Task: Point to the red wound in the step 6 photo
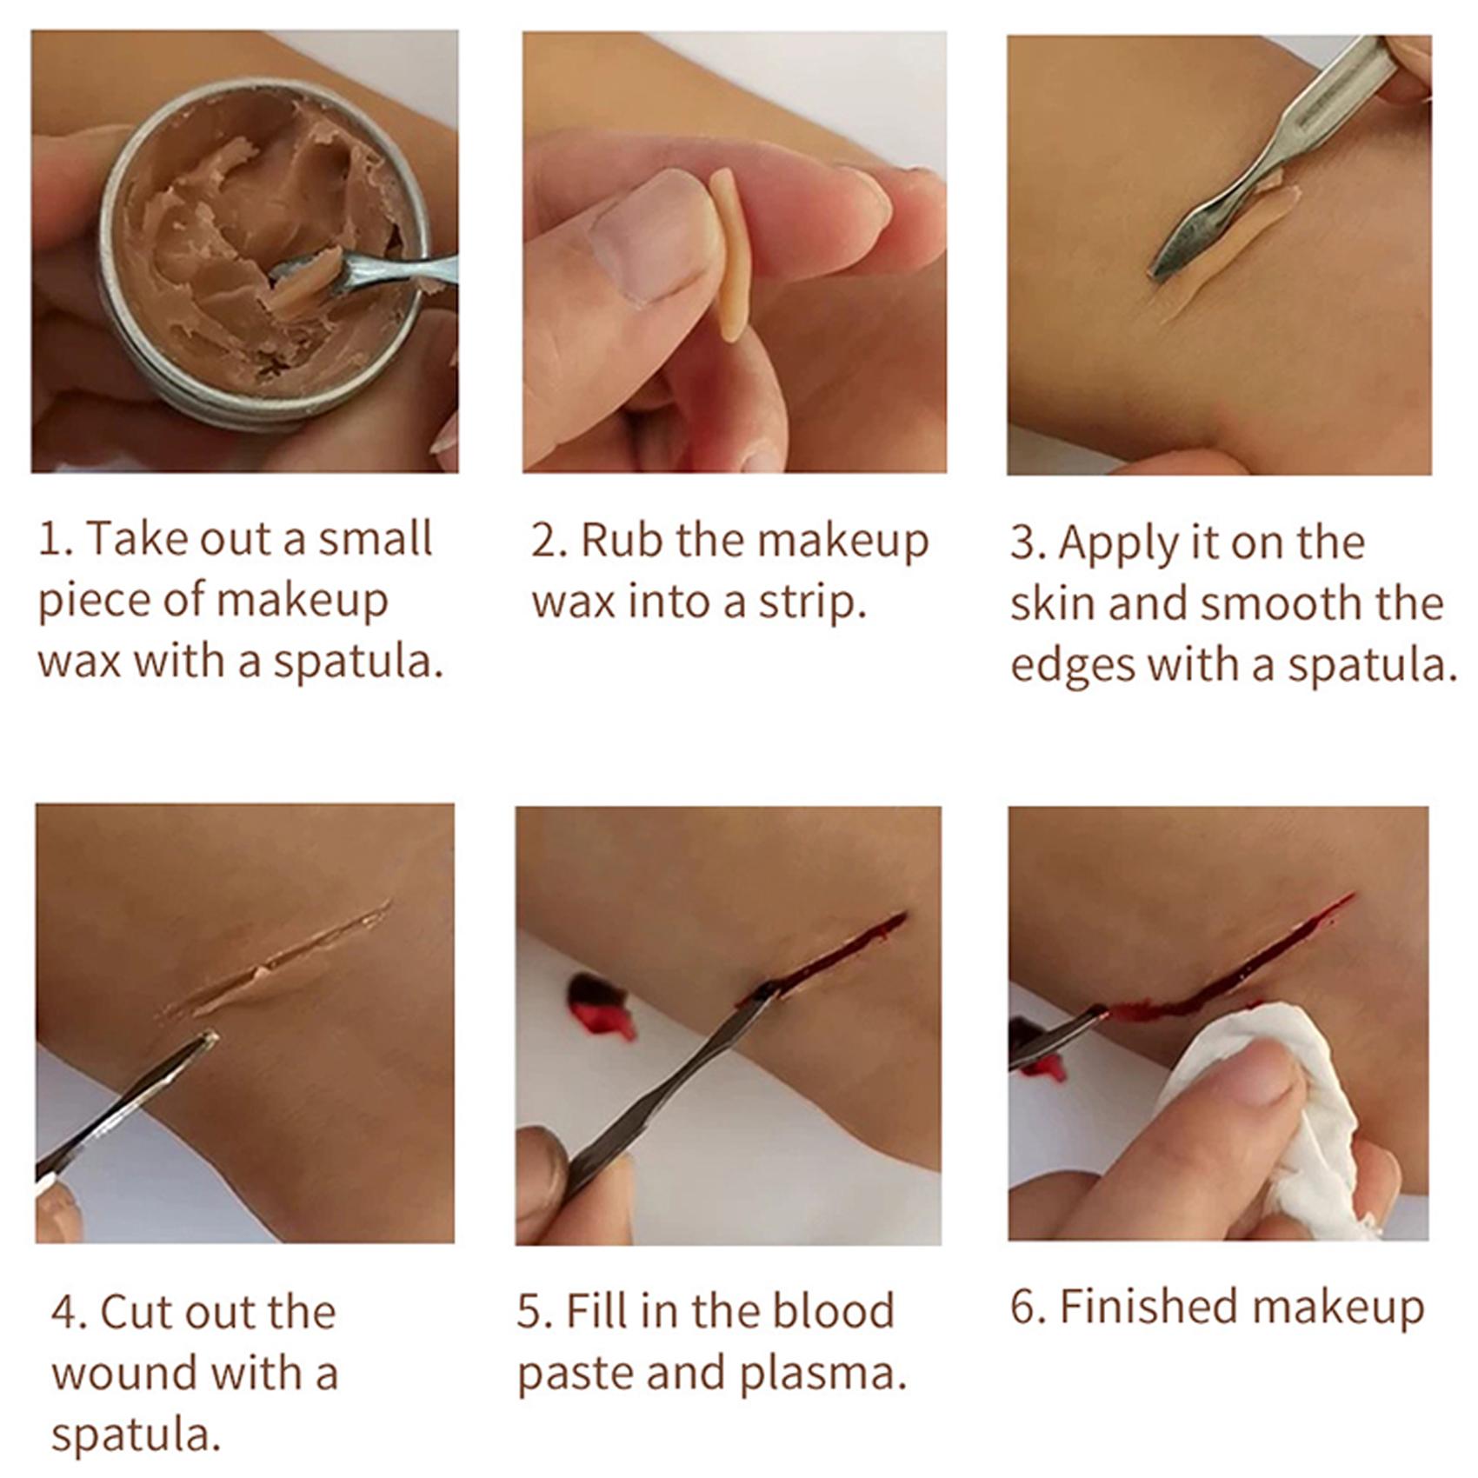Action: tap(1235, 966)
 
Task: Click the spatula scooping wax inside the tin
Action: tap(365, 272)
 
